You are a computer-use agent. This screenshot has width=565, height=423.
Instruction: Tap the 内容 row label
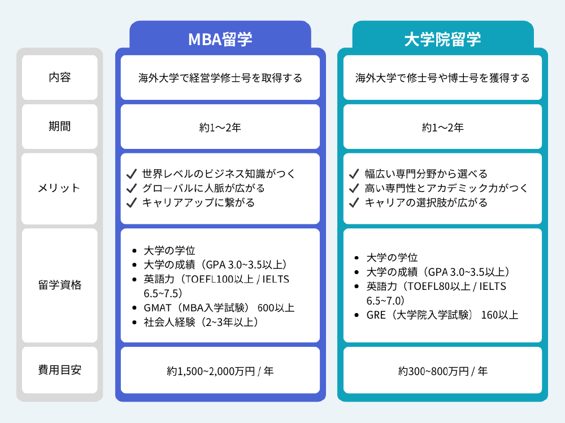click(60, 78)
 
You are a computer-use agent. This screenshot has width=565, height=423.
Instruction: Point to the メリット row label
click(60, 188)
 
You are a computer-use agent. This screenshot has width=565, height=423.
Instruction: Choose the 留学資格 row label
click(60, 285)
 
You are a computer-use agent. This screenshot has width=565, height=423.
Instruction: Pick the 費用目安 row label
click(60, 371)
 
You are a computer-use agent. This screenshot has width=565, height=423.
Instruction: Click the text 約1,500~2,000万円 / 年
click(220, 371)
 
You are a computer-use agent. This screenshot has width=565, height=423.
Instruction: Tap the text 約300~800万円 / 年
click(442, 371)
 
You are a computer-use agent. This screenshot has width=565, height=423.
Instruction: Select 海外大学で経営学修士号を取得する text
click(220, 78)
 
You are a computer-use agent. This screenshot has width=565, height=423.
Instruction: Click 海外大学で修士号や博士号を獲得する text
click(442, 78)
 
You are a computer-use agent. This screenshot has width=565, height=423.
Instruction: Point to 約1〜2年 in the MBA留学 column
click(220, 127)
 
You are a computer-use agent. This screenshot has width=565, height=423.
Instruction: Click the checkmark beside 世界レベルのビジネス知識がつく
click(132, 174)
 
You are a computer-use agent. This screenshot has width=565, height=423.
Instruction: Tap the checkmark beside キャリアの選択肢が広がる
click(354, 202)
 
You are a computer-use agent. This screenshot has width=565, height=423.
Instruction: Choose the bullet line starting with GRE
click(442, 315)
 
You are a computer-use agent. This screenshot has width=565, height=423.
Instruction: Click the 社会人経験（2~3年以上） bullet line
click(201, 323)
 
